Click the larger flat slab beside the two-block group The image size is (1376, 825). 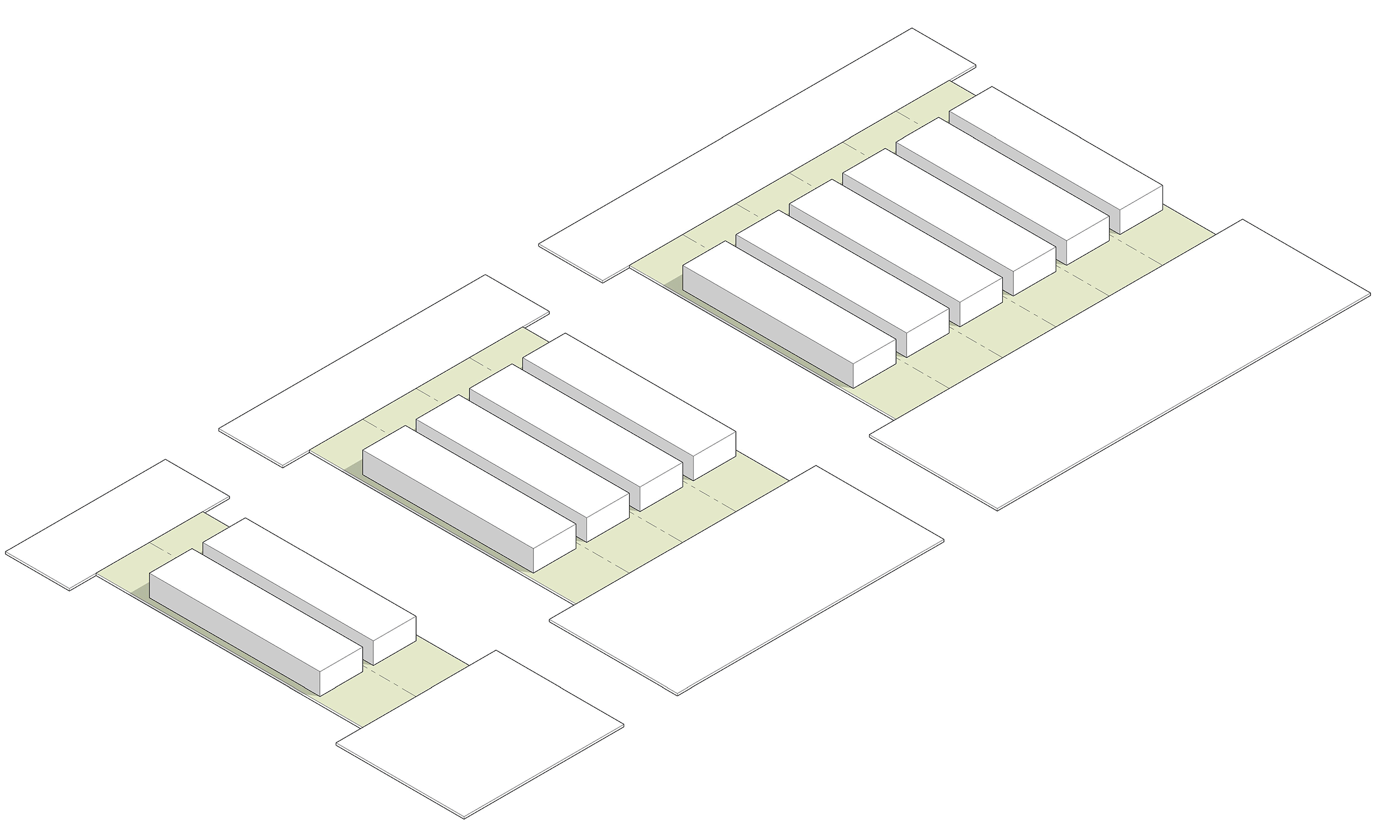[x=480, y=734]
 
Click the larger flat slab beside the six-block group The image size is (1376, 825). [x=1120, y=364]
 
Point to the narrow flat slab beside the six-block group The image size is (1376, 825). [x=756, y=156]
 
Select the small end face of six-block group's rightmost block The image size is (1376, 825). [x=1140, y=210]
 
